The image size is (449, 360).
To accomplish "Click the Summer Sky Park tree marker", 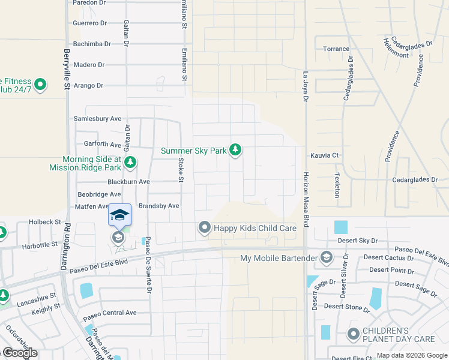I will tap(235, 150).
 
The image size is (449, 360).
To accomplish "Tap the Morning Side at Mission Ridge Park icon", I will tap(130, 162).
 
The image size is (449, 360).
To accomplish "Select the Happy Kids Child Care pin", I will tap(205, 227).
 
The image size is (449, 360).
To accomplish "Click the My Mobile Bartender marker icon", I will tap(327, 258).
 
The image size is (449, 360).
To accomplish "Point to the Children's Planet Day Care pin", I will tap(354, 334).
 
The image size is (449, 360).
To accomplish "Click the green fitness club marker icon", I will tap(40, 85).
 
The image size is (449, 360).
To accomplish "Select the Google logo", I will tap(20, 352).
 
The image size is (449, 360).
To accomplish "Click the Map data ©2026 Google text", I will tap(411, 355).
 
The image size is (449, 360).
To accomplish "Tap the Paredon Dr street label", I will tap(89, 3).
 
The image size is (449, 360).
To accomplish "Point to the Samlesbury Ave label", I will tap(97, 119).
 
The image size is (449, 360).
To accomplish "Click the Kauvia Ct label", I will tap(324, 155).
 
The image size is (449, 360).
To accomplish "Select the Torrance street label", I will tap(336, 49).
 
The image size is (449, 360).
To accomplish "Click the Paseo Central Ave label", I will tap(110, 313).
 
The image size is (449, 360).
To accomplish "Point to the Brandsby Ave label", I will tap(159, 206).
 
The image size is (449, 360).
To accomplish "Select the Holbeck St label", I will tap(46, 222).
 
